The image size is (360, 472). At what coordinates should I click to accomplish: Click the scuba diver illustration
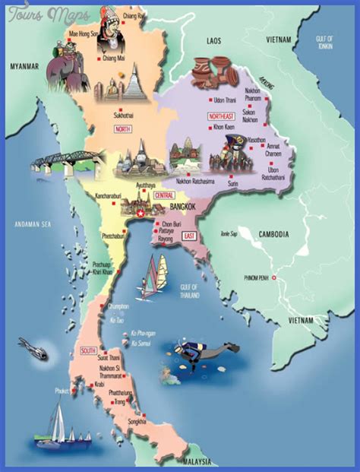[197, 350]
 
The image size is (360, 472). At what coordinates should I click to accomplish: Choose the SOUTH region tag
[87, 350]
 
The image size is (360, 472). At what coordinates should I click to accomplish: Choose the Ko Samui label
[141, 344]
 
